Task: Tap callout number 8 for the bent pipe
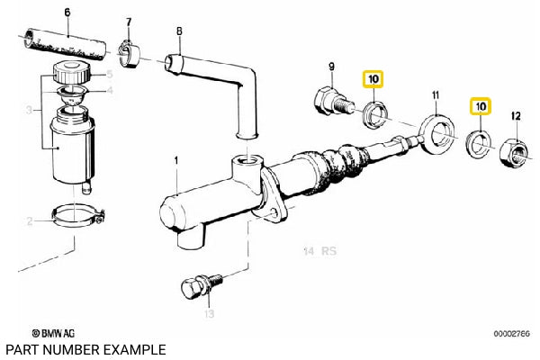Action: point(178,32)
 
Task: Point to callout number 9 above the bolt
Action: point(330,66)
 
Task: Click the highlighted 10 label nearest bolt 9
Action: point(373,79)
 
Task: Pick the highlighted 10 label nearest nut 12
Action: point(481,106)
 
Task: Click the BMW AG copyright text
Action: point(51,334)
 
